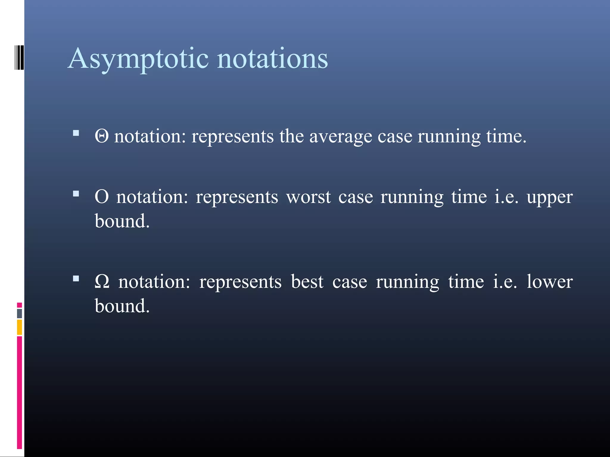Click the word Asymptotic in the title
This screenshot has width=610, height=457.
coord(138,59)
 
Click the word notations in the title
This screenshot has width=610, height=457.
coord(272,59)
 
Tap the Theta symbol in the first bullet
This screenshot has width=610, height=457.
coord(102,137)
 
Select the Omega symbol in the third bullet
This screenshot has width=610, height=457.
coord(102,281)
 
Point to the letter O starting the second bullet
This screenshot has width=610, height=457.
coord(102,197)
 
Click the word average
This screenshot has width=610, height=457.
coord(340,137)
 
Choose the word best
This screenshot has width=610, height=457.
coord(307,281)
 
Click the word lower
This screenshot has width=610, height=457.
coord(550,281)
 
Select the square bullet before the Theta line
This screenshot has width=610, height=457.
coord(76,133)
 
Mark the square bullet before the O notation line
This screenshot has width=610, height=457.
coord(76,194)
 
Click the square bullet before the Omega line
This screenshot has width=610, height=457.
coord(76,278)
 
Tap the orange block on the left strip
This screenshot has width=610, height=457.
coord(19,327)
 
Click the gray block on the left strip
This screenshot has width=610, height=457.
coord(19,313)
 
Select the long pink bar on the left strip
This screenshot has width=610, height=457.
coord(19,393)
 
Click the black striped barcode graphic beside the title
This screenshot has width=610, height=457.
coord(19,57)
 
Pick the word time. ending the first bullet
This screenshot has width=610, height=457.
coord(506,137)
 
